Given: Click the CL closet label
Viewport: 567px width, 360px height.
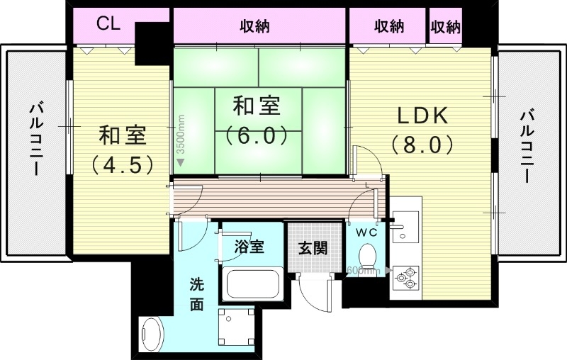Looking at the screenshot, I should click(108, 25).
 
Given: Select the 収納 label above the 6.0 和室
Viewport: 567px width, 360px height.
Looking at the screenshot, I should click(255, 26).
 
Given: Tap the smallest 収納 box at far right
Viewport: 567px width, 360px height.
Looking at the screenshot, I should click(445, 27).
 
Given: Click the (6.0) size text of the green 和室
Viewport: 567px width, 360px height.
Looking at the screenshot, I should click(256, 134).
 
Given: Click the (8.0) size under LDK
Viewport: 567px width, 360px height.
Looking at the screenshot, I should click(422, 145).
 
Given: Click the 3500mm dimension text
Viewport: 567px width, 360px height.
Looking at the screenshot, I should click(181, 141).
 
